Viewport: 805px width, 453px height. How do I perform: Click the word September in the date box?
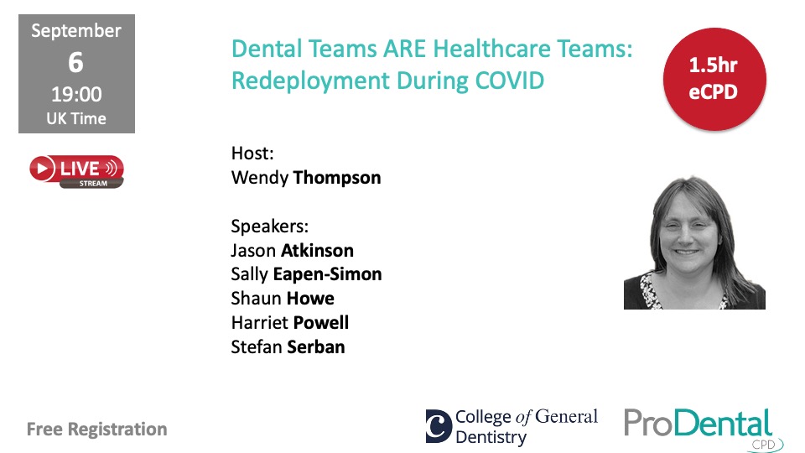pos(76,31)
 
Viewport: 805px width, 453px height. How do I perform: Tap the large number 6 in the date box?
pos(76,63)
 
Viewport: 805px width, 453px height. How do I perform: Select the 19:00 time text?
pos(76,95)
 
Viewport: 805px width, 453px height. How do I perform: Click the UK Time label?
pos(76,118)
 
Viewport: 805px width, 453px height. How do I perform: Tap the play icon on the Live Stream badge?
pos(43,169)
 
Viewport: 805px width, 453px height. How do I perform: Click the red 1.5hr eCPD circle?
pos(714,79)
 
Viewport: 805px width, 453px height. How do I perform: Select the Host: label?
pos(252,153)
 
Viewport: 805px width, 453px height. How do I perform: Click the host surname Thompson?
pos(337,178)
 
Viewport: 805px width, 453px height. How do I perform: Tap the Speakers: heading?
pos(269,226)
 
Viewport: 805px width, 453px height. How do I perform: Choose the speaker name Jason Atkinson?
pos(292,251)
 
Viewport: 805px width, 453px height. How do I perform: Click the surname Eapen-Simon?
pos(327,275)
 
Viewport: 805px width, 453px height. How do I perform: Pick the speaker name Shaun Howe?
pos(283,299)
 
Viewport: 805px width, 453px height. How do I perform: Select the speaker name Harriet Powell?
pos(289,322)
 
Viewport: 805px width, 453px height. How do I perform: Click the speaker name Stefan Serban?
pos(288,347)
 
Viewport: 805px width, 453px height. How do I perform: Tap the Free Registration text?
pos(97,430)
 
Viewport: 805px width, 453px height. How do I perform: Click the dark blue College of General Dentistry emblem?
pos(439,426)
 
